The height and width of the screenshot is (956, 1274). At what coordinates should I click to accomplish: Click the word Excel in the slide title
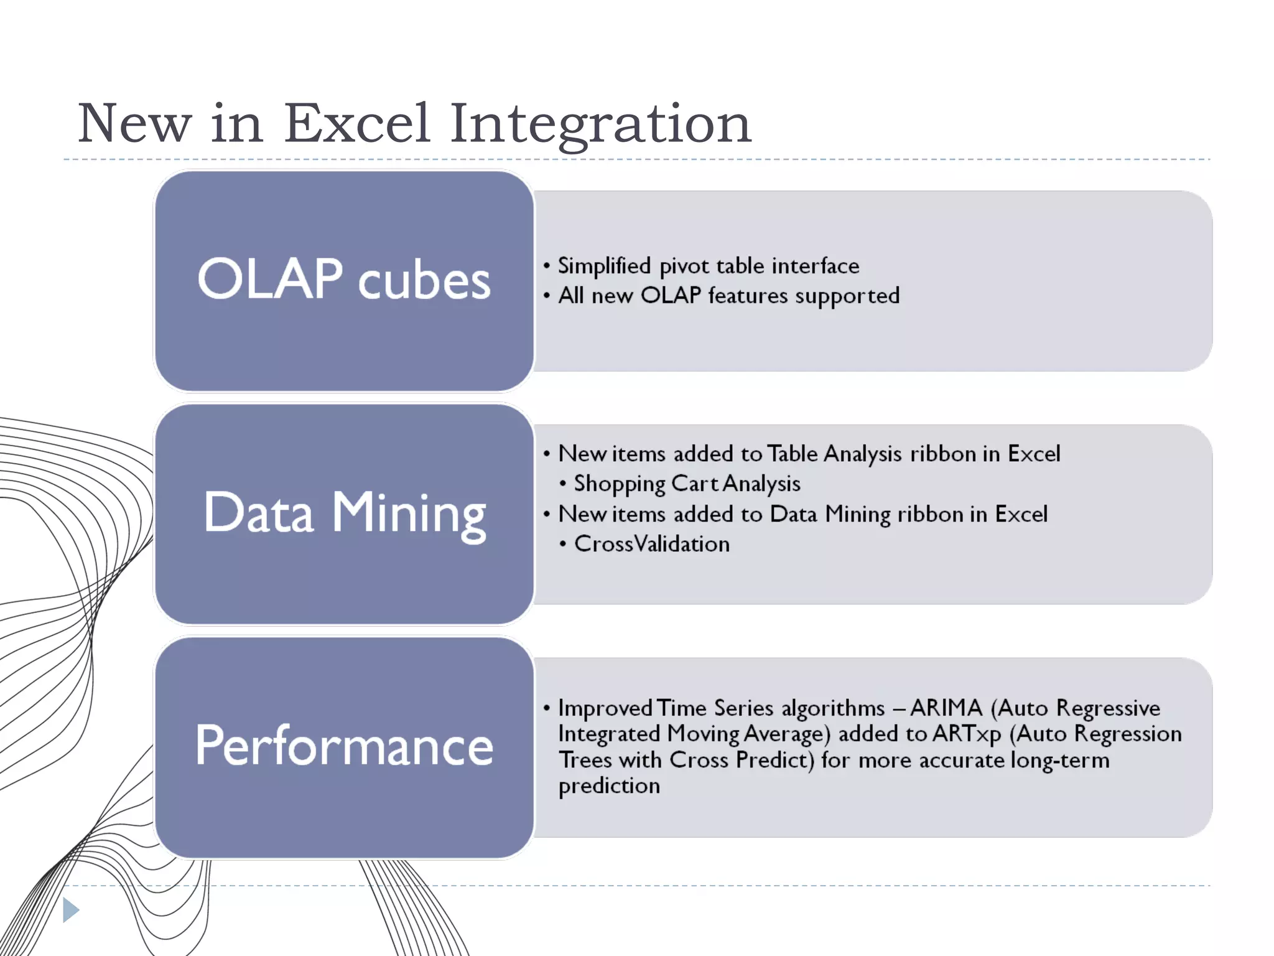pos(357,123)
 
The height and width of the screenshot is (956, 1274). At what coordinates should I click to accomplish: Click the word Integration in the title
pos(600,123)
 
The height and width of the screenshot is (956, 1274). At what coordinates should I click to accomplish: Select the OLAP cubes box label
pos(344,279)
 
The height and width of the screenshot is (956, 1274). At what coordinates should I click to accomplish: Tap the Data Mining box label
pos(344,513)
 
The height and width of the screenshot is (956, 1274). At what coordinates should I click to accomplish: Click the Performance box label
pos(344,746)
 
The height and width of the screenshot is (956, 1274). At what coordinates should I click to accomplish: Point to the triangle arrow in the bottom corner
pos(70,910)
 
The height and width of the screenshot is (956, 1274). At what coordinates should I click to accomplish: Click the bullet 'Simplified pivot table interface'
pos(708,266)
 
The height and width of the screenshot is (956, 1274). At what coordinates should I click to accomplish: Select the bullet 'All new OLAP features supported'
pos(728,296)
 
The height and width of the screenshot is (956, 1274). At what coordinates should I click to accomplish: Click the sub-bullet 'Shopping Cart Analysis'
pos(687,484)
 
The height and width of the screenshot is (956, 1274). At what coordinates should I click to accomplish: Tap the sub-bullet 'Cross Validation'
pos(651,544)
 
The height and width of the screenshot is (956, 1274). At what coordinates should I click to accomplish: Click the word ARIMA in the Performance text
pos(946,708)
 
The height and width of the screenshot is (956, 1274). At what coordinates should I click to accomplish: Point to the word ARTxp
pos(967,734)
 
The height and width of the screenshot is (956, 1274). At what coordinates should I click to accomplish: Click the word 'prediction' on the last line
pos(609,786)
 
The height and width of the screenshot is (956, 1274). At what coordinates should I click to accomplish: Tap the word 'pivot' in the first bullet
pos(684,266)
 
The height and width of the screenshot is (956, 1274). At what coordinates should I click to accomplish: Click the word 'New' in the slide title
pos(134,123)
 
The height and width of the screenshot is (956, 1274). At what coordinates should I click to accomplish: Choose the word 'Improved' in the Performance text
pos(605,708)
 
